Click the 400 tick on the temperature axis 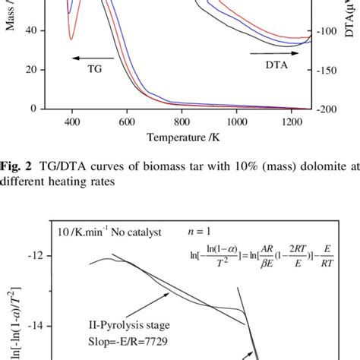point(71,120)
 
